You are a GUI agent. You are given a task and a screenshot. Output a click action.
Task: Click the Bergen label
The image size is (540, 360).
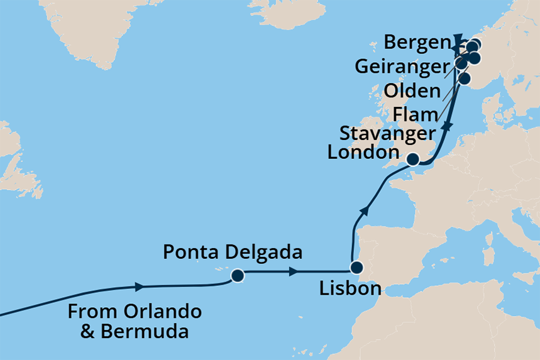coord(414,43)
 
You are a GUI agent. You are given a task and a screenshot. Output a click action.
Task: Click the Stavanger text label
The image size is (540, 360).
coord(387,133)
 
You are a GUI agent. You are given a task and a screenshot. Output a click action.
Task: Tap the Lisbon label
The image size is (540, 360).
coord(350,289)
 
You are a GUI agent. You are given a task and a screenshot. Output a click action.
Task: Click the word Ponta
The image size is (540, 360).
coord(189,253)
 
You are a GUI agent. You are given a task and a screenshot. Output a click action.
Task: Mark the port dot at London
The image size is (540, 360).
coord(414,160)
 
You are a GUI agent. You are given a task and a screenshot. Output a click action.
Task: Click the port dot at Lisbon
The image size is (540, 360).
coord(356,267)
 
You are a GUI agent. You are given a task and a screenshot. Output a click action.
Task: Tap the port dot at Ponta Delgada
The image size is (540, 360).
coord(238,275)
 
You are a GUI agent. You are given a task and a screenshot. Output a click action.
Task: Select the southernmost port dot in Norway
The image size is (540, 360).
coord(465,79)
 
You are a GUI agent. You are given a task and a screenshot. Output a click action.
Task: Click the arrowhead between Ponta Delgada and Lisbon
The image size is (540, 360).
coord(294,272)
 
